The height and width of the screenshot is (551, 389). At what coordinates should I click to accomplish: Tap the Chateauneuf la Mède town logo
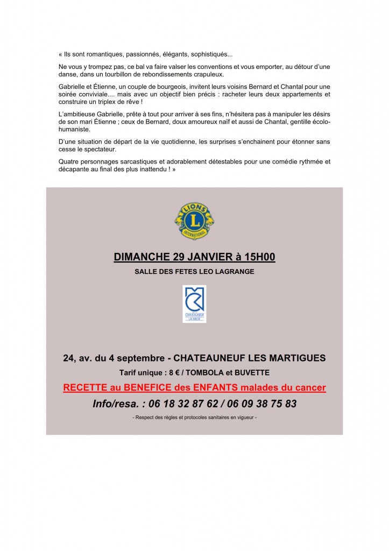(194, 304)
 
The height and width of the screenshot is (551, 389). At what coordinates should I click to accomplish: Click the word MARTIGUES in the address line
(298, 358)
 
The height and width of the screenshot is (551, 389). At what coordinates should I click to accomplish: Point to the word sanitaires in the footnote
(215, 418)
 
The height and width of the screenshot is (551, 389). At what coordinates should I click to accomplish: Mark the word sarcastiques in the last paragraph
(140, 161)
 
